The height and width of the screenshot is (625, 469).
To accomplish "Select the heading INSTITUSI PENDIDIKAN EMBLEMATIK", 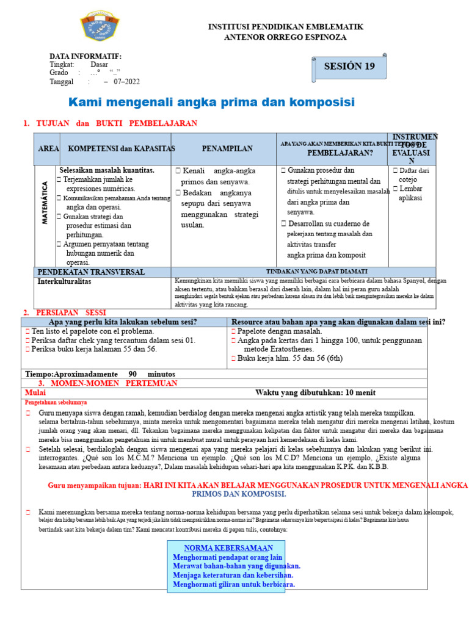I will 286,27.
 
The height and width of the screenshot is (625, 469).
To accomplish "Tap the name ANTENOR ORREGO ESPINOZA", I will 286,37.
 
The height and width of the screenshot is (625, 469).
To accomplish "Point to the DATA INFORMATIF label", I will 85,56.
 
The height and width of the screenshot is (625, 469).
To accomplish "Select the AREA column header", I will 48,149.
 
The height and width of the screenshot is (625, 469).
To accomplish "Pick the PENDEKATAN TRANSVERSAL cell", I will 91,272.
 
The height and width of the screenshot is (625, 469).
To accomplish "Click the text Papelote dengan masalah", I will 279,331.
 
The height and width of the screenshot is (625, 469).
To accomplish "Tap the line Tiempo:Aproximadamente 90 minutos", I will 100,374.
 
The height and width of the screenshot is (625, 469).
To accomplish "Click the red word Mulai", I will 35,392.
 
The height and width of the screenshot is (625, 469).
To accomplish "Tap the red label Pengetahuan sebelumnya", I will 56,403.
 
